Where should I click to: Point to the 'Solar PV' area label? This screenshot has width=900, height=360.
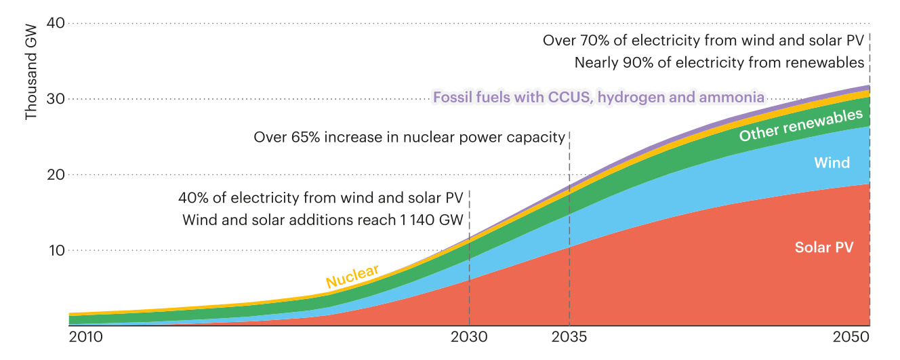[x=823, y=247]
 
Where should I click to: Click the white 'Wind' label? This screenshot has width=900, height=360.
[x=832, y=163]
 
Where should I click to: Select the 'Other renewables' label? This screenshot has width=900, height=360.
[x=791, y=125]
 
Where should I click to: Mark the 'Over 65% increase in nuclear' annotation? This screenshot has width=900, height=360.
[x=409, y=138]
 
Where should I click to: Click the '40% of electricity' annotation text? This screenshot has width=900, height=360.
[x=321, y=199]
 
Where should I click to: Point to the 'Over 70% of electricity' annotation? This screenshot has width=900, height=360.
[x=703, y=41]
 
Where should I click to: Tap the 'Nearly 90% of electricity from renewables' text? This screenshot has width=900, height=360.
[x=719, y=63]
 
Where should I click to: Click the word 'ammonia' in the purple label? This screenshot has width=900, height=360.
[x=734, y=98]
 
